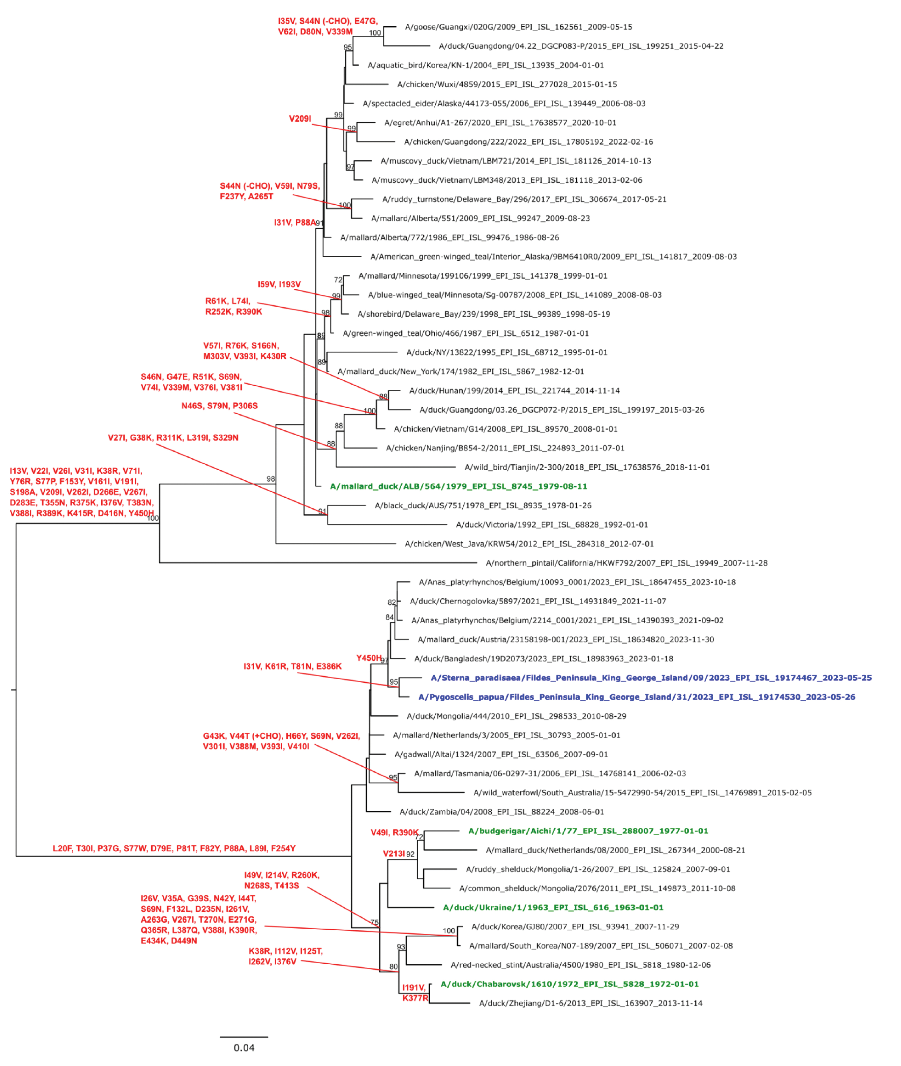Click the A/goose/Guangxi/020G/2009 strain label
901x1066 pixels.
click(518, 27)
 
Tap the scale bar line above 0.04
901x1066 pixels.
click(244, 1037)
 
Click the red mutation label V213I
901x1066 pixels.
click(394, 854)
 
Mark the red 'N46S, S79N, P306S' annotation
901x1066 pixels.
click(220, 406)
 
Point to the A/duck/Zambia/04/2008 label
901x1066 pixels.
click(501, 812)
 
